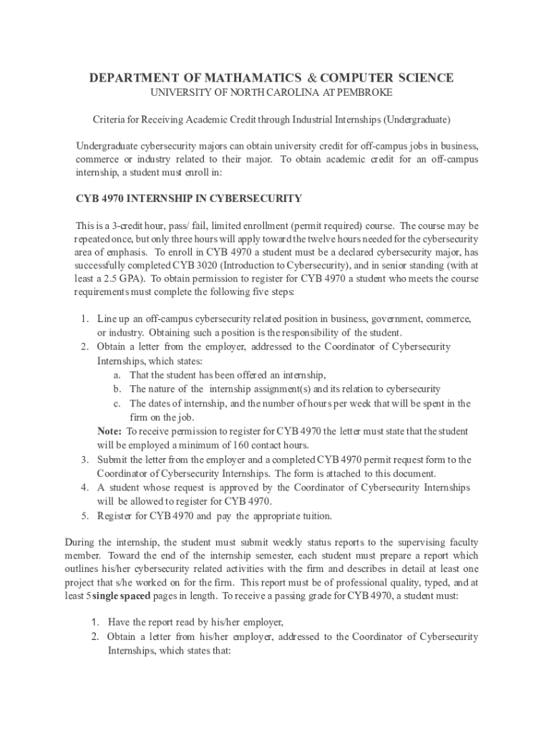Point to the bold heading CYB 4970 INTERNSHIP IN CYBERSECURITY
(189, 198)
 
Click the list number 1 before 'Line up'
(84, 319)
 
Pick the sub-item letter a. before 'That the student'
(117, 375)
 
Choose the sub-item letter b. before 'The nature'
(117, 389)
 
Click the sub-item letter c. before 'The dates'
(117, 403)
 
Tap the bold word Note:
(109, 431)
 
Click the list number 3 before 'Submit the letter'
(84, 460)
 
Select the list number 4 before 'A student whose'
(84, 487)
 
